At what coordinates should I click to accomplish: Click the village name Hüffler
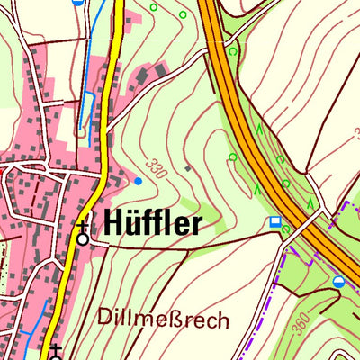coord(151,222)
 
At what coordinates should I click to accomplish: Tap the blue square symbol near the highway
coord(274,221)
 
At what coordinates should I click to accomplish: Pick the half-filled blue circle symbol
coord(337,282)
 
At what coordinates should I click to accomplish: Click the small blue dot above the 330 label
coord(138,181)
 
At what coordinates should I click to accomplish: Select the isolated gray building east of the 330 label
coord(187,167)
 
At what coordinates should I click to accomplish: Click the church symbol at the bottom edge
coord(56,351)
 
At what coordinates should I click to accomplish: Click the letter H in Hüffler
coord(114,222)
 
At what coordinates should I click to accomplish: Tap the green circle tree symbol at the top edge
coord(153,7)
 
